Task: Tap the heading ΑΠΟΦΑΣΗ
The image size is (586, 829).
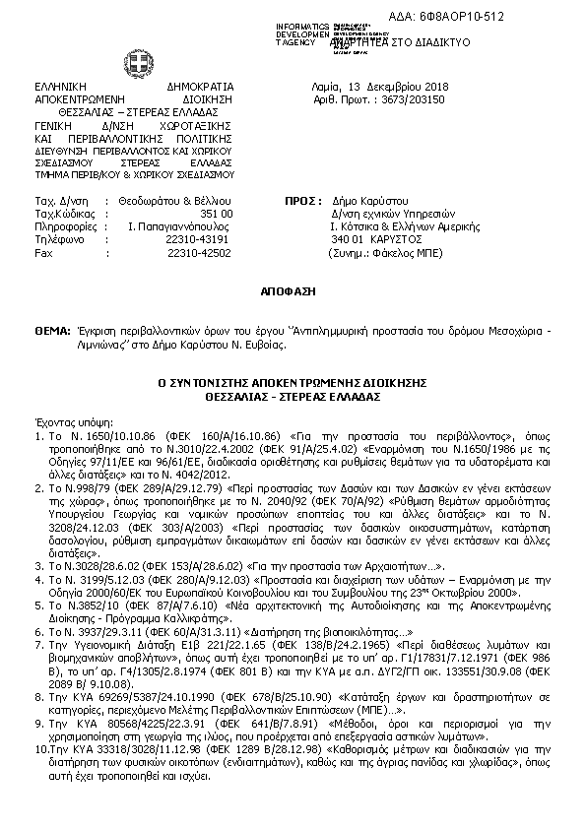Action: coord(293,293)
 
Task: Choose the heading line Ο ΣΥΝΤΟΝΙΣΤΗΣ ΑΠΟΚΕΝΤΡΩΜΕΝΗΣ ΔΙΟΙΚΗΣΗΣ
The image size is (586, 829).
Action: coord(293,383)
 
